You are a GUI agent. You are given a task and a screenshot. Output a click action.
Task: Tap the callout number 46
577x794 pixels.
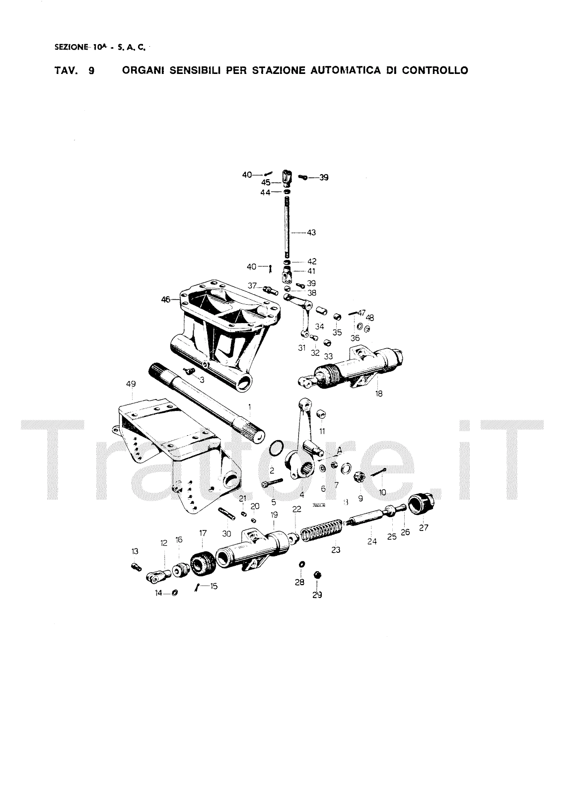click(x=165, y=299)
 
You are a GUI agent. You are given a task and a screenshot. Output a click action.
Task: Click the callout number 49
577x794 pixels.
click(x=131, y=384)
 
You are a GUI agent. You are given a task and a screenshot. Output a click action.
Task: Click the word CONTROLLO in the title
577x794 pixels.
click(x=435, y=70)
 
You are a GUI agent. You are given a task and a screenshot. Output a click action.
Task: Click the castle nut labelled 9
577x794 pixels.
click(x=359, y=478)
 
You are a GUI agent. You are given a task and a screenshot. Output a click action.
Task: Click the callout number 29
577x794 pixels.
click(x=317, y=595)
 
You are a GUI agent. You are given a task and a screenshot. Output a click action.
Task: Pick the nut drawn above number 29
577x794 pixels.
click(x=317, y=575)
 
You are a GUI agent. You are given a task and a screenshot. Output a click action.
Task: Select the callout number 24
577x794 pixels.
click(x=372, y=541)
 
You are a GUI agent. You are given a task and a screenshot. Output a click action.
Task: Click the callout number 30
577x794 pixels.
click(x=226, y=533)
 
